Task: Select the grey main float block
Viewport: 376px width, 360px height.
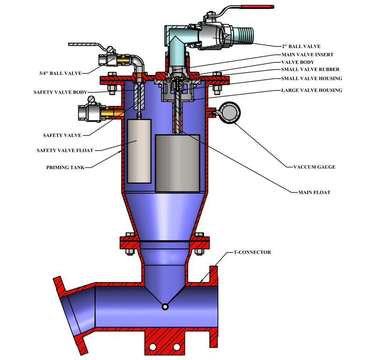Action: (177, 163)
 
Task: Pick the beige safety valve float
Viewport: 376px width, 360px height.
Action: (139, 151)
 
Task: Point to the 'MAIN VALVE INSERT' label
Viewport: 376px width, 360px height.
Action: (307, 54)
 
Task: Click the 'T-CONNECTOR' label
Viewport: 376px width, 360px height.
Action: (252, 252)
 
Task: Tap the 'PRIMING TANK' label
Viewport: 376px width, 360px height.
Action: (66, 167)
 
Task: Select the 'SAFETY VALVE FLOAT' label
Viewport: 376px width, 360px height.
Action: (65, 150)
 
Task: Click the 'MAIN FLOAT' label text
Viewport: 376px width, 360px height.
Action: (314, 192)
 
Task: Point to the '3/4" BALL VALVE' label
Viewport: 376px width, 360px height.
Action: (61, 73)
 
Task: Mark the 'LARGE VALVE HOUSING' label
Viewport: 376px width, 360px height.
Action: (311, 90)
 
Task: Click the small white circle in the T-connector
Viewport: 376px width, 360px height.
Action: (165, 307)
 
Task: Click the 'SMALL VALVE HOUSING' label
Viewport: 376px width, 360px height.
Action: (311, 78)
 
